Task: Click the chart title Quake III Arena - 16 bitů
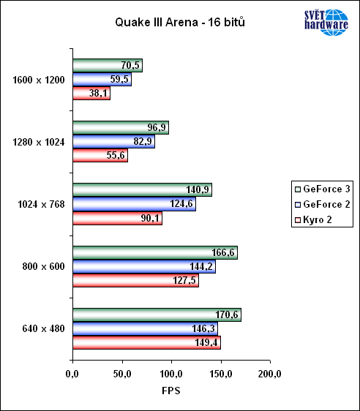(x=179, y=23)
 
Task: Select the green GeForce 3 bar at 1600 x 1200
(x=107, y=66)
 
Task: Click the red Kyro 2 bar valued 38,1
(x=91, y=94)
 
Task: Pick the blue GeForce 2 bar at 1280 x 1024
(x=113, y=142)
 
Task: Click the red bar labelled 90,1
(x=117, y=218)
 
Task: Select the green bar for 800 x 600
(x=154, y=252)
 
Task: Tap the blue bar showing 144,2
(x=143, y=266)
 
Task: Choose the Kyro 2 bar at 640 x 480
(x=146, y=342)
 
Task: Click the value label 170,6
(x=227, y=314)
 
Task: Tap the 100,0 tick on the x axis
(x=171, y=374)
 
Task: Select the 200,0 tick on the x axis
(x=270, y=374)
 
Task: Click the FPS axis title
(x=170, y=391)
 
